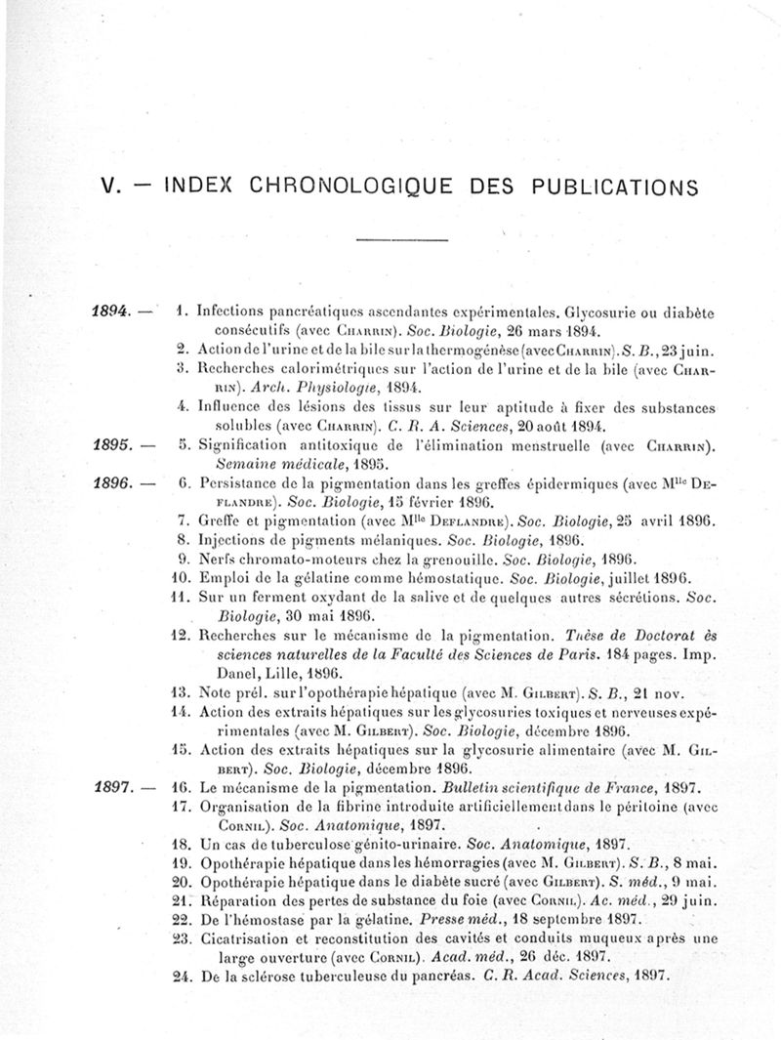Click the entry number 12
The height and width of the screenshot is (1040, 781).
pyautogui.click(x=178, y=635)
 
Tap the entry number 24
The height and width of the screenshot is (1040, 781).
pyautogui.click(x=178, y=977)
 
